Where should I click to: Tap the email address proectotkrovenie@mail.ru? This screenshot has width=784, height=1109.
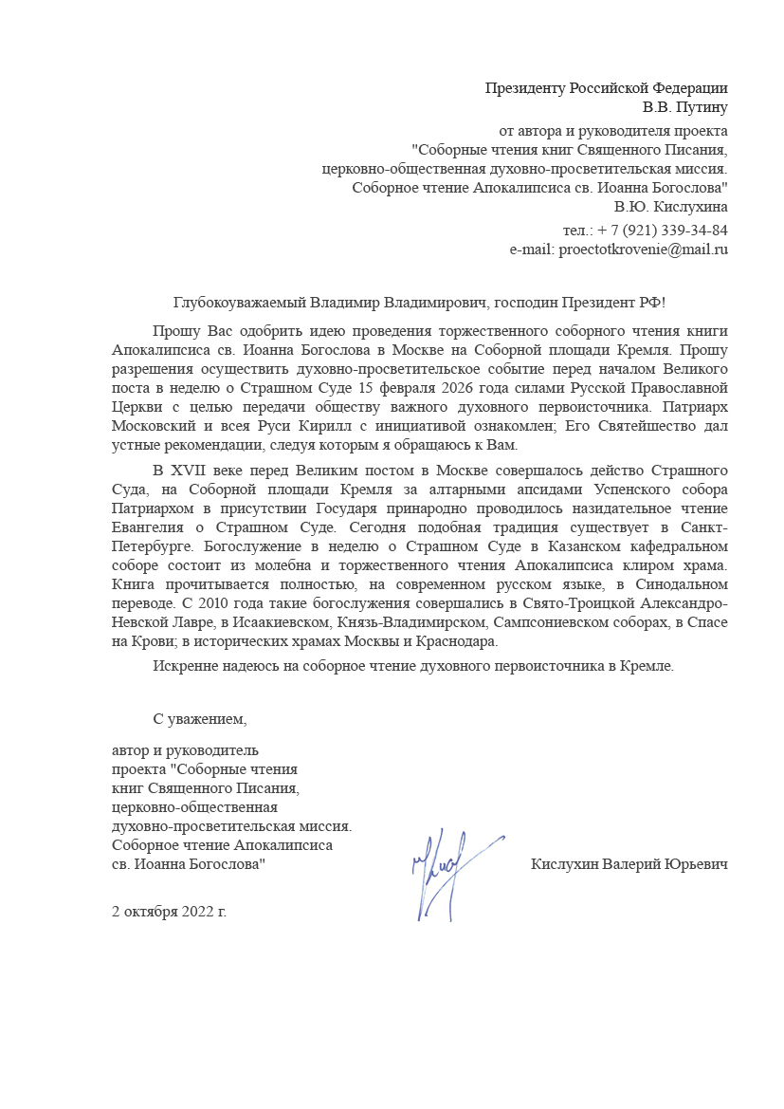coord(644,250)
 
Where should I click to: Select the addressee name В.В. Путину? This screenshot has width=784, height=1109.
coord(684,107)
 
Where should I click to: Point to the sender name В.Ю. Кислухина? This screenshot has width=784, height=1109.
coord(670,206)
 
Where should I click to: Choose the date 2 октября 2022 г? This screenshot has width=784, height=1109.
coord(169,912)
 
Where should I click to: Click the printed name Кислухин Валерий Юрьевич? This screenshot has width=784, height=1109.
coord(629,865)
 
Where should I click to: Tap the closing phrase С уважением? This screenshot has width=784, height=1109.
coord(200,719)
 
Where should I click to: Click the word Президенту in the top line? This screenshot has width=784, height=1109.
coord(525,89)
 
